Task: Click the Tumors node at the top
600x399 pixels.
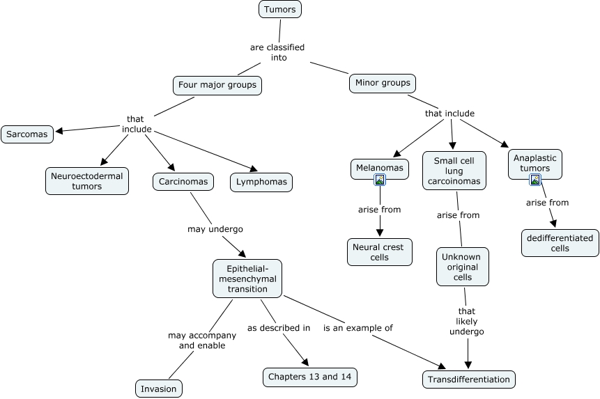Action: (x=279, y=9)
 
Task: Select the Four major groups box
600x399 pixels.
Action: (x=217, y=86)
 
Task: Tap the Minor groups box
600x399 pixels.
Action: (x=382, y=83)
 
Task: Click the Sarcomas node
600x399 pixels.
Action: (x=27, y=134)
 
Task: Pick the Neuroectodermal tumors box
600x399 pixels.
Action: (x=86, y=181)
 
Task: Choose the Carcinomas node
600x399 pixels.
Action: (x=183, y=182)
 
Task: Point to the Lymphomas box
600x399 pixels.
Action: (x=261, y=182)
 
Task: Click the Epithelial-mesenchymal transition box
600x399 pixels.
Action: (x=247, y=279)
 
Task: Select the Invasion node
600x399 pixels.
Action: (x=158, y=389)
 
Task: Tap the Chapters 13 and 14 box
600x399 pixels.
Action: (x=310, y=377)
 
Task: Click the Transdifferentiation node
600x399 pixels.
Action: (x=468, y=380)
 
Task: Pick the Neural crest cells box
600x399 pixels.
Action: (x=380, y=252)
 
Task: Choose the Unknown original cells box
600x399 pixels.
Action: (x=463, y=267)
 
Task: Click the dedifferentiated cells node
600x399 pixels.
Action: (x=560, y=243)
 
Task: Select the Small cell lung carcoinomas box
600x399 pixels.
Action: (x=454, y=171)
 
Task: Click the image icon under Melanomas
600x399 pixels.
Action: (x=380, y=180)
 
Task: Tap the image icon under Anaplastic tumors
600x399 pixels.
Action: (x=535, y=180)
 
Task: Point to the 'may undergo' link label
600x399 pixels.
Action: (x=215, y=228)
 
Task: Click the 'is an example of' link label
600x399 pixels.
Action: (x=357, y=327)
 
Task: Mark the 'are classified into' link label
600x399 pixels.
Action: (x=277, y=52)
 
